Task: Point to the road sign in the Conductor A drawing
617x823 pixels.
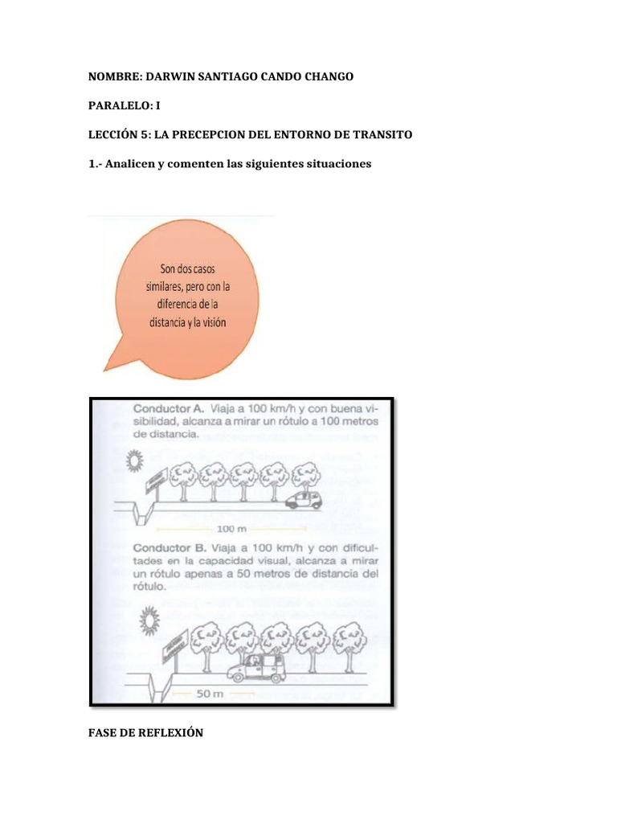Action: pos(156,481)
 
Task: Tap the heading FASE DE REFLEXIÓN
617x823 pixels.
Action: pos(145,732)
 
